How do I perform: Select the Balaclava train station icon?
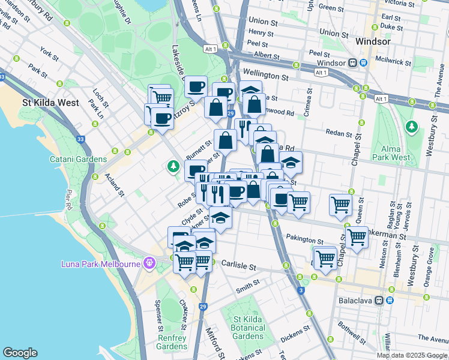pyautogui.click(x=379, y=300)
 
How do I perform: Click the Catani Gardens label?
pyautogui.click(x=78, y=159)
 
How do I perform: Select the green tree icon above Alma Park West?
pyautogui.click(x=411, y=127)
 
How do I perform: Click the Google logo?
pyautogui.click(x=20, y=353)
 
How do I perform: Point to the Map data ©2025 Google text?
pyautogui.click(x=412, y=355)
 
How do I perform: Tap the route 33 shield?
pyautogui.click(x=80, y=140)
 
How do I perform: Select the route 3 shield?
pyautogui.click(x=300, y=291)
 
